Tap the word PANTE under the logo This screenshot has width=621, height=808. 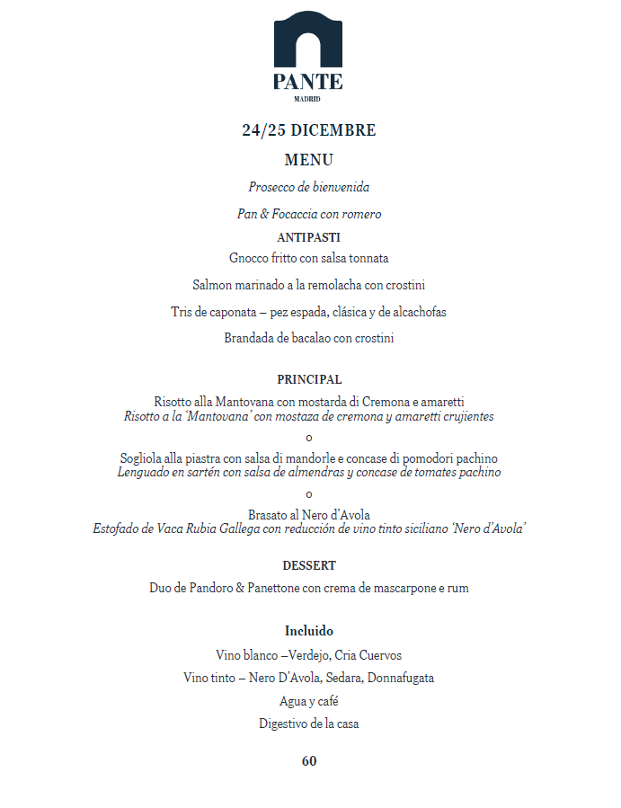tap(308, 82)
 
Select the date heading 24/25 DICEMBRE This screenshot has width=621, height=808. tap(309, 130)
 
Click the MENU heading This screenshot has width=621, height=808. tap(309, 160)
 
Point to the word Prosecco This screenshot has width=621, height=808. tap(271, 188)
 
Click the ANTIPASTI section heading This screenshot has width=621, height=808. tap(309, 237)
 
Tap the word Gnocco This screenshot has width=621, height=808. tap(248, 258)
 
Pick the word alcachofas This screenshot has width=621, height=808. tap(416, 312)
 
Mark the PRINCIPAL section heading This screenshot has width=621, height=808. tap(309, 379)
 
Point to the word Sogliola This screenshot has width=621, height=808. tap(142, 458)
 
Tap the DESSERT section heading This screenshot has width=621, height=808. tap(309, 565)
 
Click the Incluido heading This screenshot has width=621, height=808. tap(309, 631)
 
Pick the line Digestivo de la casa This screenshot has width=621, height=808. tap(309, 724)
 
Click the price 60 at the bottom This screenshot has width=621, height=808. tap(309, 761)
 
